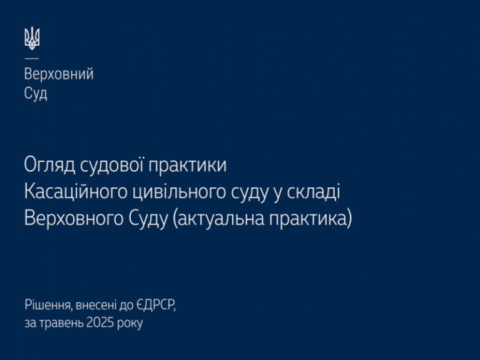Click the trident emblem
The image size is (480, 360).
pos(32,38)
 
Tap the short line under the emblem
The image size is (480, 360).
pos(31,58)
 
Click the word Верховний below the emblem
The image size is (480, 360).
pos(59,74)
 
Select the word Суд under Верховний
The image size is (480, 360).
pos(36,94)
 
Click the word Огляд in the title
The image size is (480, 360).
pos(50,166)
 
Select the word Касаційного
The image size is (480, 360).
pos(76,192)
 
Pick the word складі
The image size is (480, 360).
pos(314,192)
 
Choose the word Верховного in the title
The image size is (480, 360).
pos(73,219)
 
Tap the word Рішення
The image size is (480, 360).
pos(49,306)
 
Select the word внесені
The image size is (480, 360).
pos(96,305)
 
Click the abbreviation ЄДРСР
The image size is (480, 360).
pos(156,306)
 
